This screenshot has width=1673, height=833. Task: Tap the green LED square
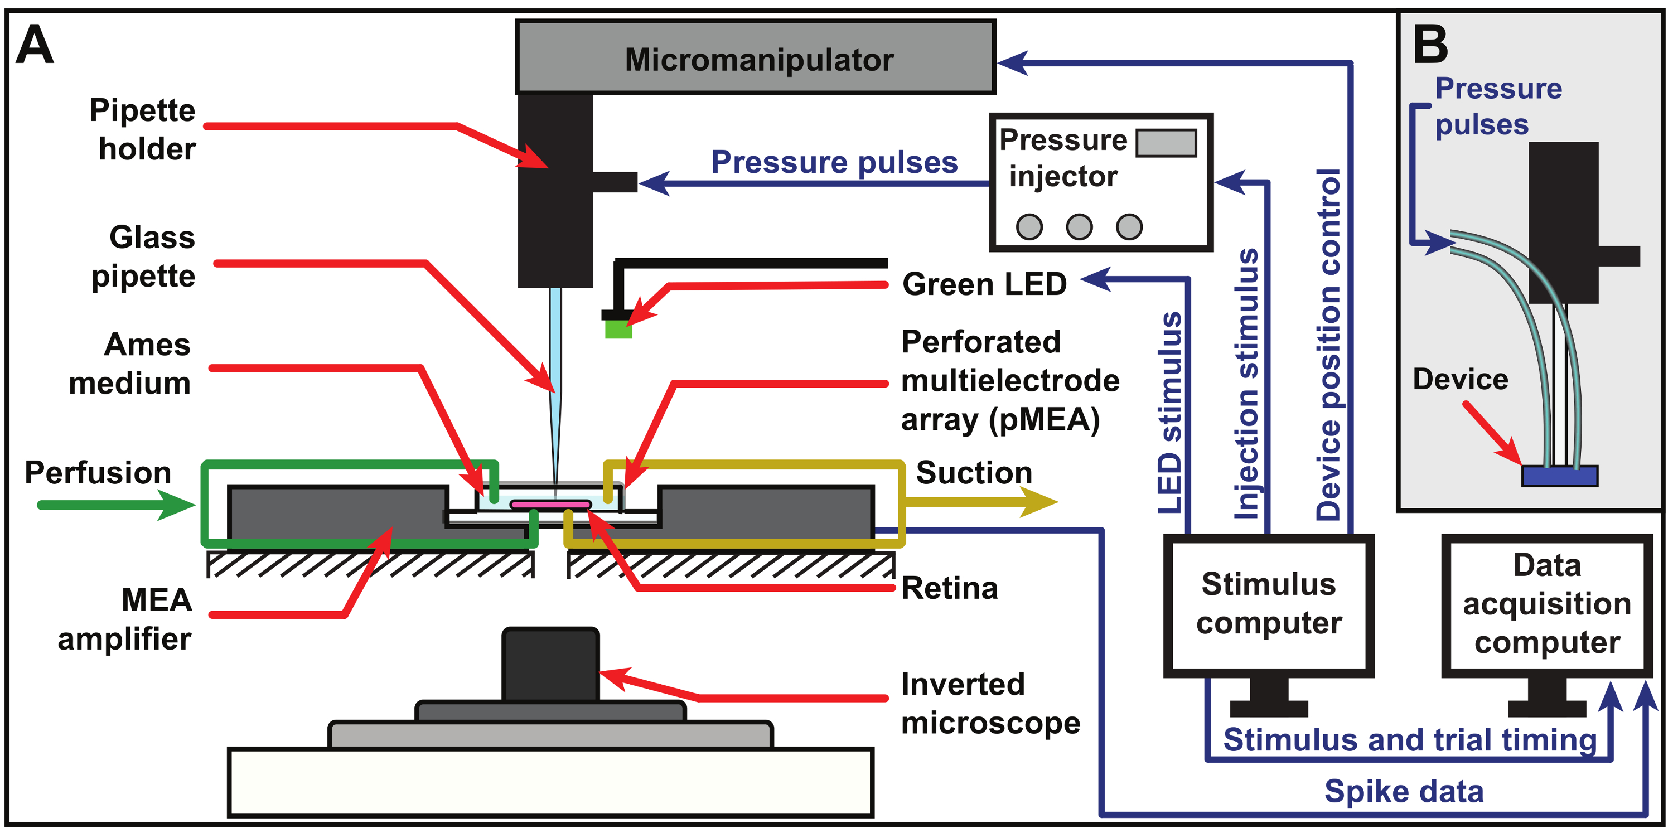click(x=618, y=328)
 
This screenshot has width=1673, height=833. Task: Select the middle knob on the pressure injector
click(x=1079, y=226)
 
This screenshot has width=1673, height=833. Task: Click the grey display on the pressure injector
click(x=1166, y=143)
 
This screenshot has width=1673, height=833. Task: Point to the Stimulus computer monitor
click(x=1268, y=605)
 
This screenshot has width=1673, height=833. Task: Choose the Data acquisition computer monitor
click(x=1546, y=605)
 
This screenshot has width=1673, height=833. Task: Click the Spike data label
click(x=1404, y=791)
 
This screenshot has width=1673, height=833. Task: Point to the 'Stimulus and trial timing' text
click(x=1409, y=739)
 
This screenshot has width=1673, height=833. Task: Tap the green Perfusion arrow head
click(x=177, y=505)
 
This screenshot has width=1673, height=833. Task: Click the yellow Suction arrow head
click(x=1039, y=502)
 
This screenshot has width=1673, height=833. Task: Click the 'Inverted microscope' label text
click(x=990, y=703)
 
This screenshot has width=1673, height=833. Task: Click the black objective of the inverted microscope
click(x=550, y=664)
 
